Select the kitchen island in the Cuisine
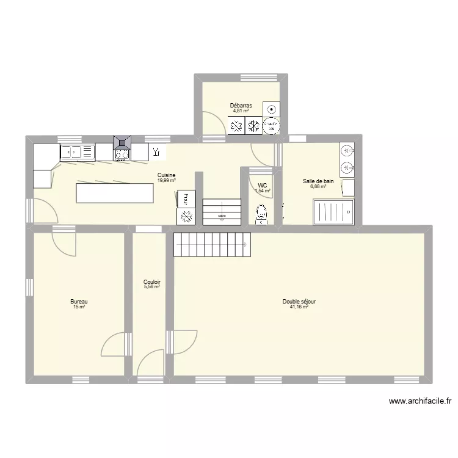(114, 193)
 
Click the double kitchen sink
(77, 152)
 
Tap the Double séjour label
(299, 302)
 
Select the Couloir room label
(151, 282)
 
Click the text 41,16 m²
(299, 307)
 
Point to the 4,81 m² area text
(241, 111)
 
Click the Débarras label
(241, 106)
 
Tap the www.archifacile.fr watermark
(420, 401)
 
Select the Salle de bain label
(318, 181)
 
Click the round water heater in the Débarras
(272, 110)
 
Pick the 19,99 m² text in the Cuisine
(166, 180)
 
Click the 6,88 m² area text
(318, 186)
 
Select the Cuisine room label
(166, 175)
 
